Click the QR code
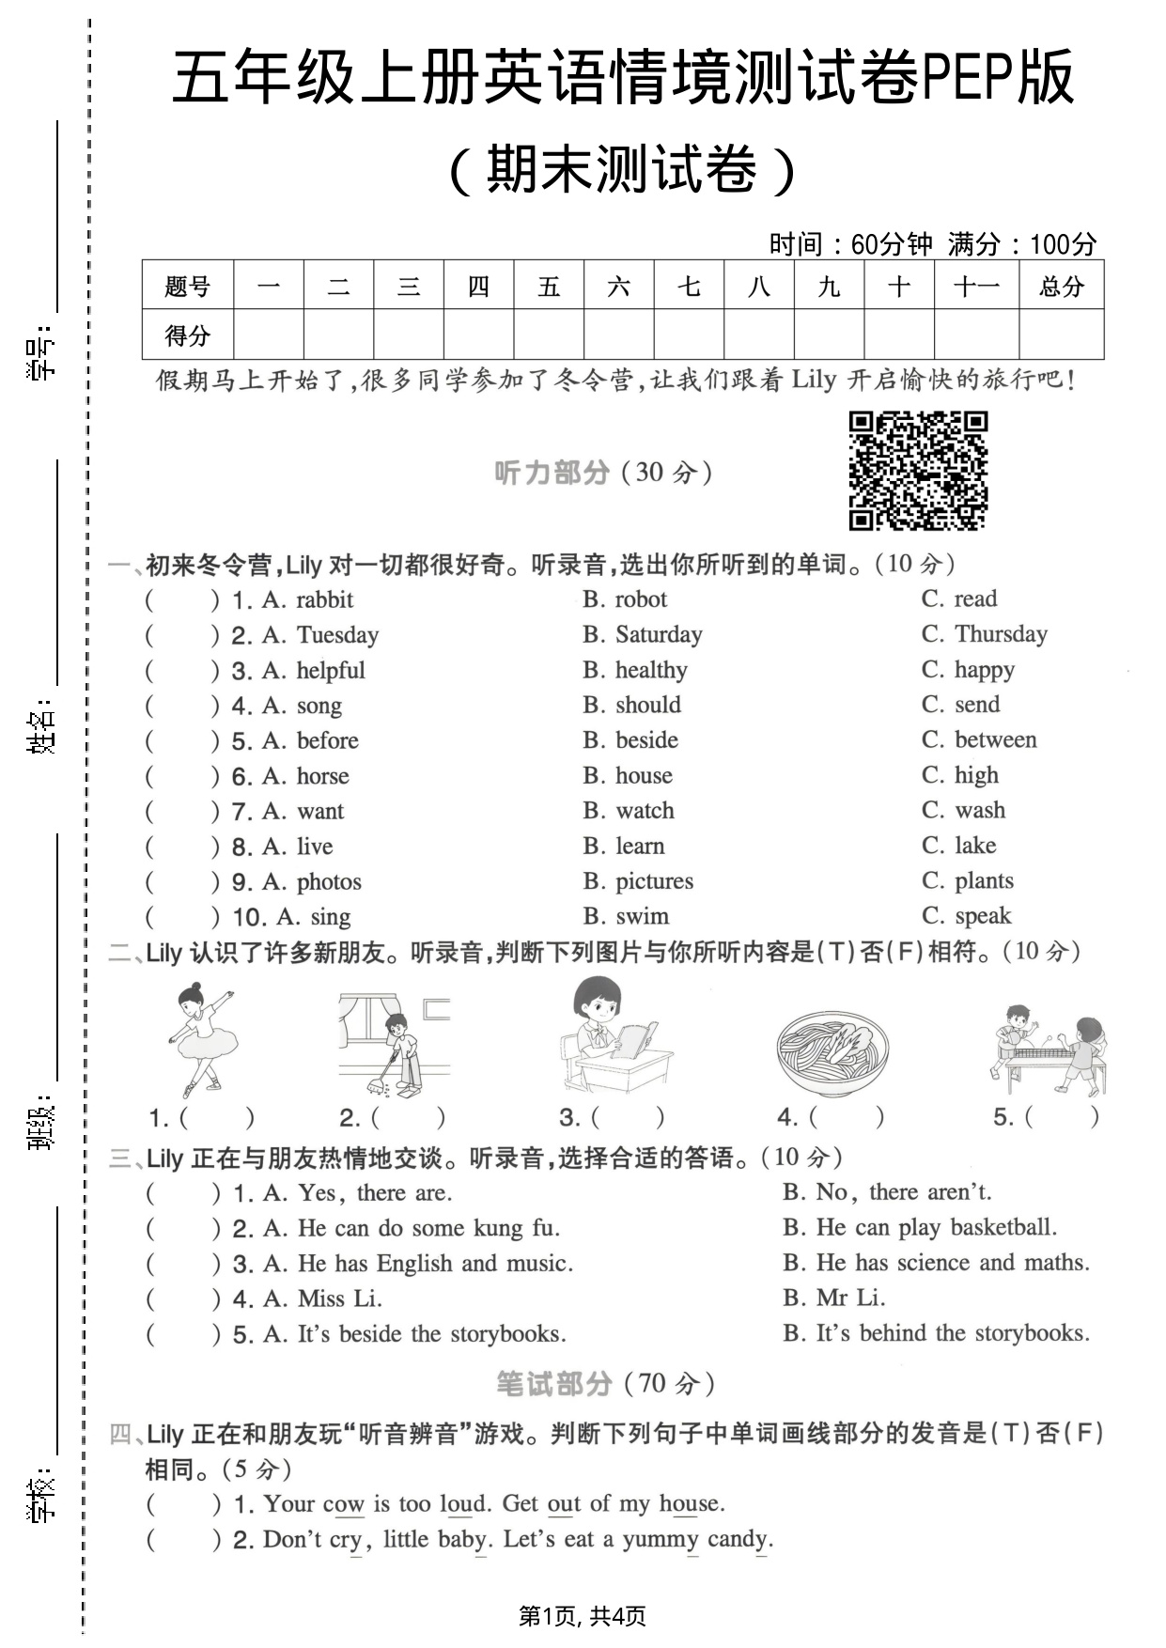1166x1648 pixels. [x=918, y=470]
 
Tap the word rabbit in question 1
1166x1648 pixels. [x=324, y=599]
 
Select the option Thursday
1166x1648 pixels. [x=1001, y=634]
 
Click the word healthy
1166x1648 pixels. [x=651, y=670]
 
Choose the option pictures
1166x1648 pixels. [x=654, y=881]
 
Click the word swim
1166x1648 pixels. [x=643, y=916]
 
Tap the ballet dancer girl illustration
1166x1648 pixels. [x=201, y=1038]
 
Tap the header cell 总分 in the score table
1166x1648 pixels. [x=1061, y=286]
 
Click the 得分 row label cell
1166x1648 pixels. [x=188, y=334]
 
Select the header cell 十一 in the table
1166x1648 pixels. [x=976, y=286]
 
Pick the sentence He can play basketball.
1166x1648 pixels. [x=936, y=1227]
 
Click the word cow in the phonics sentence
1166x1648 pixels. [x=343, y=1504]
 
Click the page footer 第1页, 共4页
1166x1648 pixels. [x=583, y=1616]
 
